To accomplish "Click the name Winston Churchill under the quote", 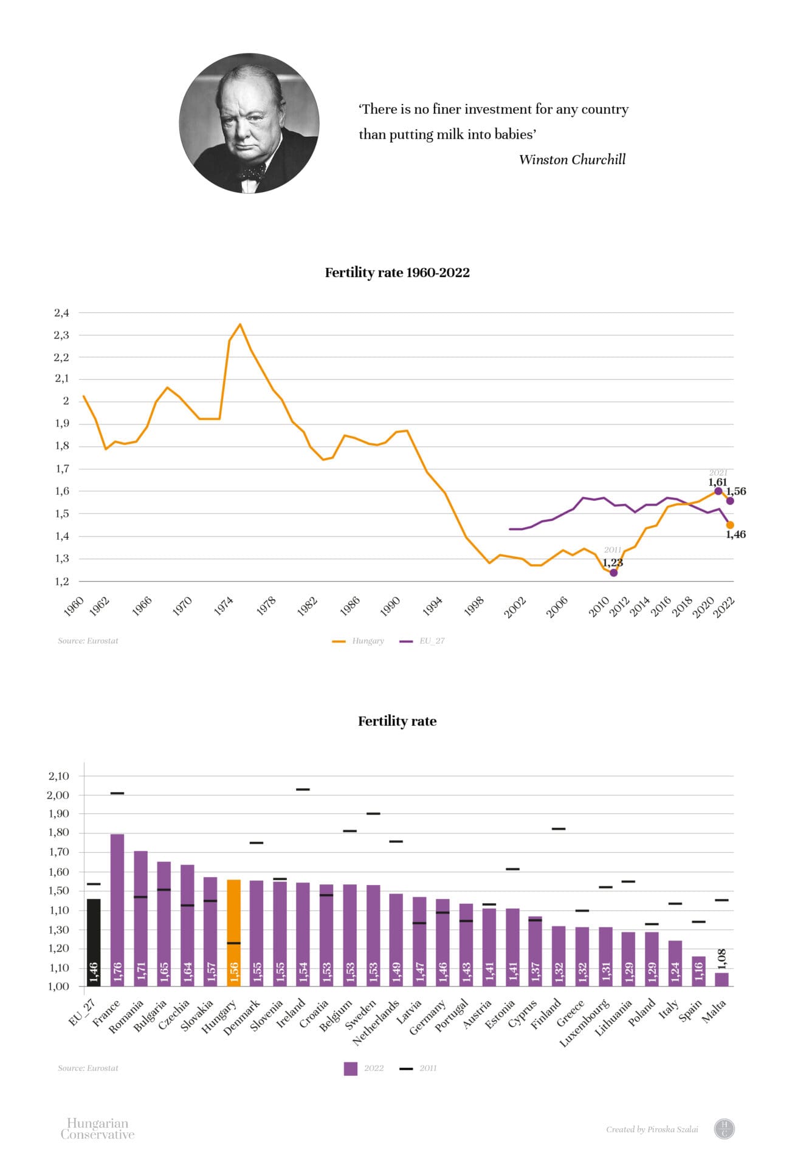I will [572, 160].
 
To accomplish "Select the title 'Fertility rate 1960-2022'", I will [397, 272].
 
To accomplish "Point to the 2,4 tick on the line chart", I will [61, 313].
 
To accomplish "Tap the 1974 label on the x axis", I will [224, 606].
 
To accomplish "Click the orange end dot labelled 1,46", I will [730, 525].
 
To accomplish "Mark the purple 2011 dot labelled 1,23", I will [613, 573].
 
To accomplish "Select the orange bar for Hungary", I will [234, 933].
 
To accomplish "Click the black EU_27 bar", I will [94, 942].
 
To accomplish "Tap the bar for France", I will [117, 910].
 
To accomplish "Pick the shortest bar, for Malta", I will [721, 979].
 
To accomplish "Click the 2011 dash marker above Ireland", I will [303, 790].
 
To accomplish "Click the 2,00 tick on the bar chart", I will [58, 795].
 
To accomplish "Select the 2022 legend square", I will [351, 1068].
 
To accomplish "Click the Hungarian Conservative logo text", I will [97, 1129].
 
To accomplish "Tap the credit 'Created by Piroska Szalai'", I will [652, 1129].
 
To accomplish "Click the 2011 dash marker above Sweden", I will [373, 813].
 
